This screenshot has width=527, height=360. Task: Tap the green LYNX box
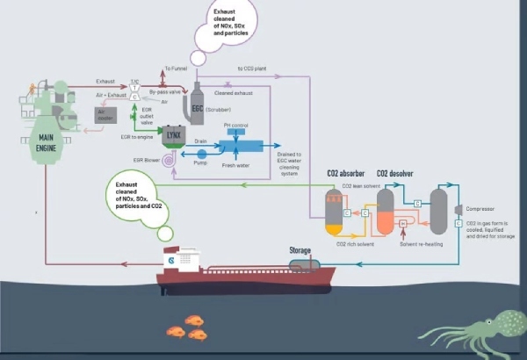[x=172, y=134]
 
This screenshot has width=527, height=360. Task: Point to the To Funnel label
[x=176, y=68]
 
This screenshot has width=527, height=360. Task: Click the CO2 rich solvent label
[x=353, y=242]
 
